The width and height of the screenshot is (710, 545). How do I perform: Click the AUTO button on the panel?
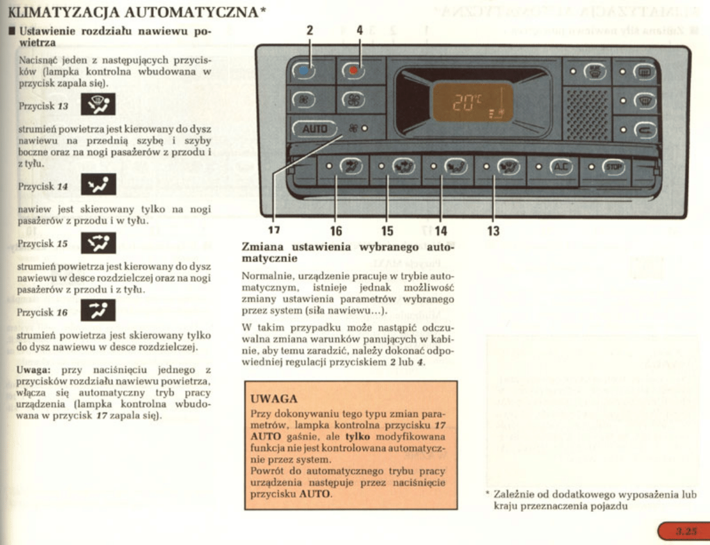click(315, 128)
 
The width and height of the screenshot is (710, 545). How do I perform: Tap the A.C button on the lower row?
click(560, 167)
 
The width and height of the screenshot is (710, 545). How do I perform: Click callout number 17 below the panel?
click(274, 231)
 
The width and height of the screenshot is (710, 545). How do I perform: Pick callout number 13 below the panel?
click(493, 231)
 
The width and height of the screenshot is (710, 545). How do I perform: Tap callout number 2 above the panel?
click(309, 31)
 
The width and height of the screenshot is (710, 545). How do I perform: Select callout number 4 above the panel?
click(360, 31)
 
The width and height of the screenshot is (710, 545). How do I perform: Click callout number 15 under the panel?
click(387, 231)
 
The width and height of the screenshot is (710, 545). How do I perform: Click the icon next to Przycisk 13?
click(98, 105)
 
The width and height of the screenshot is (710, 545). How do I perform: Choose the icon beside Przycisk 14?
click(98, 185)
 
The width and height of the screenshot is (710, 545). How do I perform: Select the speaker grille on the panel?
click(586, 115)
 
